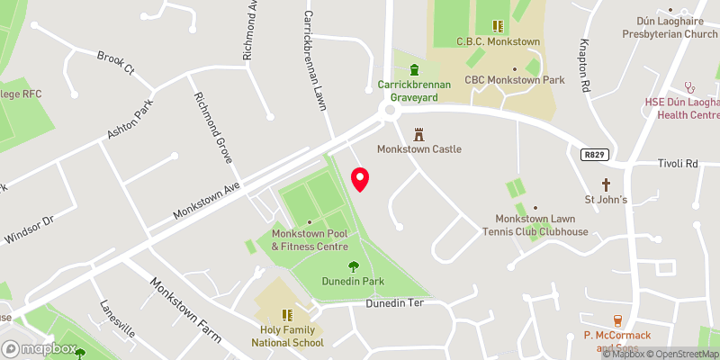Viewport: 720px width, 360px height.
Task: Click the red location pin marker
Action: pyautogui.click(x=360, y=179)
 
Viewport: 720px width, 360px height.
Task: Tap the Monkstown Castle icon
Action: pyautogui.click(x=418, y=134)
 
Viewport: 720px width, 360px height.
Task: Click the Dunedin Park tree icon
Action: pyautogui.click(x=354, y=265)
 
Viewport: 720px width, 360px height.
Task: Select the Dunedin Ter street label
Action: pyautogui.click(x=393, y=303)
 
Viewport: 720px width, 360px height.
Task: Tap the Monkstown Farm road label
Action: pyautogui.click(x=185, y=309)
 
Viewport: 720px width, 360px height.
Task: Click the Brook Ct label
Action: pyautogui.click(x=116, y=62)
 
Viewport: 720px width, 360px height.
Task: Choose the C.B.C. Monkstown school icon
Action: pyautogui.click(x=498, y=27)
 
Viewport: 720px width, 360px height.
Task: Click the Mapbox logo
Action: pyautogui.click(x=40, y=348)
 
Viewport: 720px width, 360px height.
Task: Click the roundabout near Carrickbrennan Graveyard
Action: pyautogui.click(x=390, y=111)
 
